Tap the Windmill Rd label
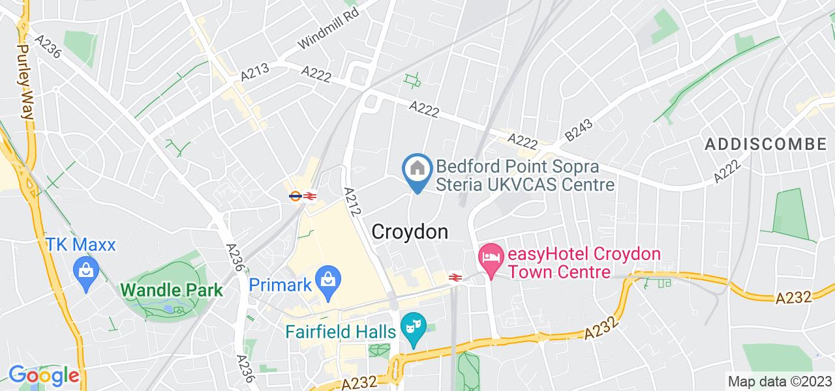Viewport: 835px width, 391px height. coord(329,31)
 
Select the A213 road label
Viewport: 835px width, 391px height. coord(254,71)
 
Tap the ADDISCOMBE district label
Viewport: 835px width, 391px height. coord(765,144)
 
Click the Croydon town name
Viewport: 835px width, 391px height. coord(410,232)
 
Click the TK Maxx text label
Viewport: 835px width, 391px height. coord(80,245)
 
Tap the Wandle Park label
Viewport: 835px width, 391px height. coord(172,290)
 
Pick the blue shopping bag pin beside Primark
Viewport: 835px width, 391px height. coord(326,280)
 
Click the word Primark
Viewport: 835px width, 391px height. coord(279,285)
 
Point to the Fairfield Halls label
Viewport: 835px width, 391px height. coord(341,332)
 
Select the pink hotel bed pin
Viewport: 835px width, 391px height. coord(491,254)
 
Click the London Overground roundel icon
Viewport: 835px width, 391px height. coord(295,195)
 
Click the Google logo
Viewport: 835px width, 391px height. coord(44,376)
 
